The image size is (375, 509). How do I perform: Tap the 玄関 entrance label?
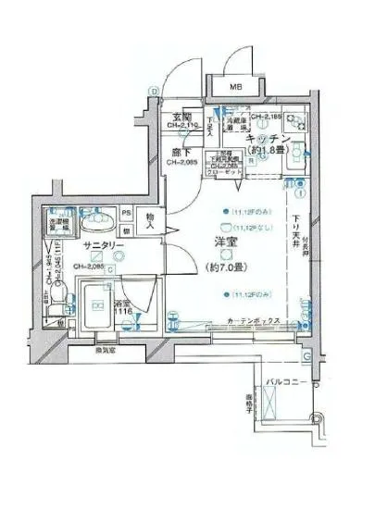(181, 118)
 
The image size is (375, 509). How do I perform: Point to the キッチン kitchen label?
(269, 138)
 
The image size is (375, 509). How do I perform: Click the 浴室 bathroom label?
(122, 304)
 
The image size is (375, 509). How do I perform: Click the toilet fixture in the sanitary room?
(60, 296)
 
